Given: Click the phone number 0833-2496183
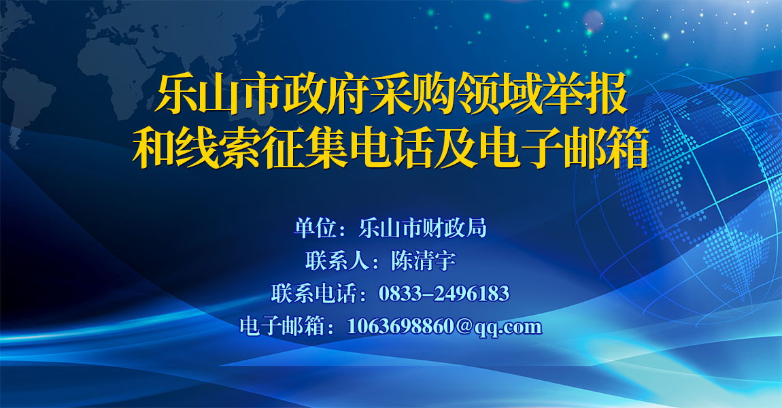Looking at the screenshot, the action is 444,293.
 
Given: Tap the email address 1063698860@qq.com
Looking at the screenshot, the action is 444,326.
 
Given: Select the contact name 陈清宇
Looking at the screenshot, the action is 424,260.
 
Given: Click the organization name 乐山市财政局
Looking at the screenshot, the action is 422,228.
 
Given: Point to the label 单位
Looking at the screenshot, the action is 316,228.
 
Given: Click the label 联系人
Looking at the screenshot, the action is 337,260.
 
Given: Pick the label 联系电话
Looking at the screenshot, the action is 314,293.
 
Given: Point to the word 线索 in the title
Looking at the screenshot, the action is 218,148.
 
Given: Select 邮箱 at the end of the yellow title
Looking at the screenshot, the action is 607,148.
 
